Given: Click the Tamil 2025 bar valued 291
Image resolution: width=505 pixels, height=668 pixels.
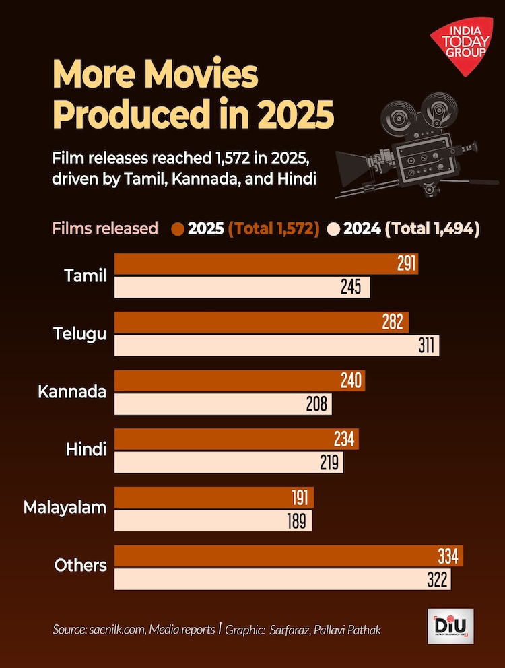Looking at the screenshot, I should click(x=266, y=264).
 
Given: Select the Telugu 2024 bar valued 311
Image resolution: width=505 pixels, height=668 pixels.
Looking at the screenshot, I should click(x=276, y=346).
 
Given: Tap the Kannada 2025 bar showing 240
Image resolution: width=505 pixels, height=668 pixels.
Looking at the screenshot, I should click(x=239, y=380).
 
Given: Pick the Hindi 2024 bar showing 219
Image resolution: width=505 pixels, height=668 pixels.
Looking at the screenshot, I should click(x=229, y=463).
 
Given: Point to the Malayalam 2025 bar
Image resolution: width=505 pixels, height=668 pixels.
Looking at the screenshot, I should click(x=214, y=498).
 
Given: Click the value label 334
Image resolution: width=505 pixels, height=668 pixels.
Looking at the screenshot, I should click(x=447, y=557).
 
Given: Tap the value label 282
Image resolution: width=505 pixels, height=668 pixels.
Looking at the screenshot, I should click(x=393, y=323).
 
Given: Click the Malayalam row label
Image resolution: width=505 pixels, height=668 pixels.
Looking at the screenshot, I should click(x=65, y=507).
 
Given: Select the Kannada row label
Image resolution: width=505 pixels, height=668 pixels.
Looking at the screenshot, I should click(x=72, y=391).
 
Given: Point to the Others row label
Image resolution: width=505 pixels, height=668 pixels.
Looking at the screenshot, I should click(x=81, y=565).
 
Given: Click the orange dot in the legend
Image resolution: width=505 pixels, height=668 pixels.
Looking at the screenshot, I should click(x=178, y=229).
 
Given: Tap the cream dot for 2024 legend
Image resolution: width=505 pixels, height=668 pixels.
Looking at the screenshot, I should click(x=334, y=229).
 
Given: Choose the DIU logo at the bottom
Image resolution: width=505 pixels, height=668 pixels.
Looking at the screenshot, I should click(x=450, y=626).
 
